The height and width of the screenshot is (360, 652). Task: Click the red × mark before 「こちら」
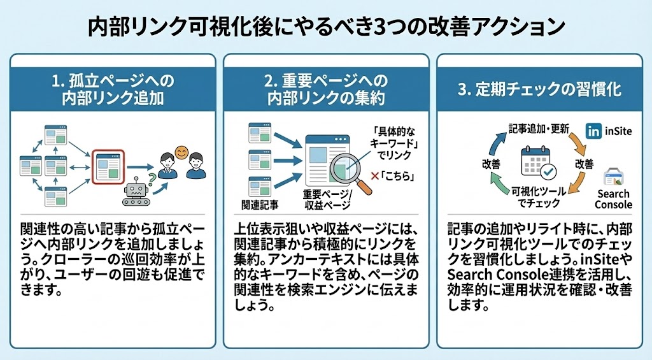(374, 176)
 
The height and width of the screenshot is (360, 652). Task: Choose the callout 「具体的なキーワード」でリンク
(395, 143)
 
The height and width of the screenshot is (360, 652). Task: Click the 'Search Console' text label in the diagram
(613, 199)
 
